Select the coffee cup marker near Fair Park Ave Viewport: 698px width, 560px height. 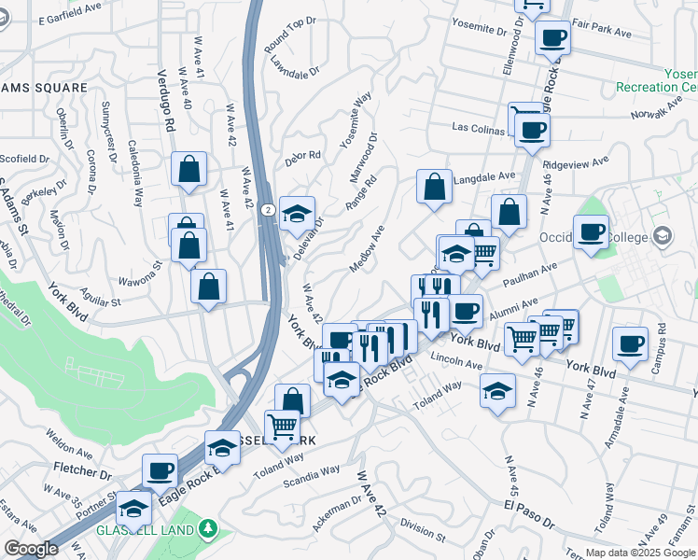point(552,39)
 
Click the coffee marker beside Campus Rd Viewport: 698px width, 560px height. point(630,343)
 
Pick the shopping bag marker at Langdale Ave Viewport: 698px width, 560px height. point(434,187)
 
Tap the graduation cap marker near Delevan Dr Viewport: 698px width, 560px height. point(297,215)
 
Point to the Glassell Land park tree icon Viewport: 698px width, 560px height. point(208,529)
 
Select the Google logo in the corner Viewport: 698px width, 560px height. point(31,549)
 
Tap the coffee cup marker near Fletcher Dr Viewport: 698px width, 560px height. point(160,469)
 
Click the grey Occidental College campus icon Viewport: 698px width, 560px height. point(663,234)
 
